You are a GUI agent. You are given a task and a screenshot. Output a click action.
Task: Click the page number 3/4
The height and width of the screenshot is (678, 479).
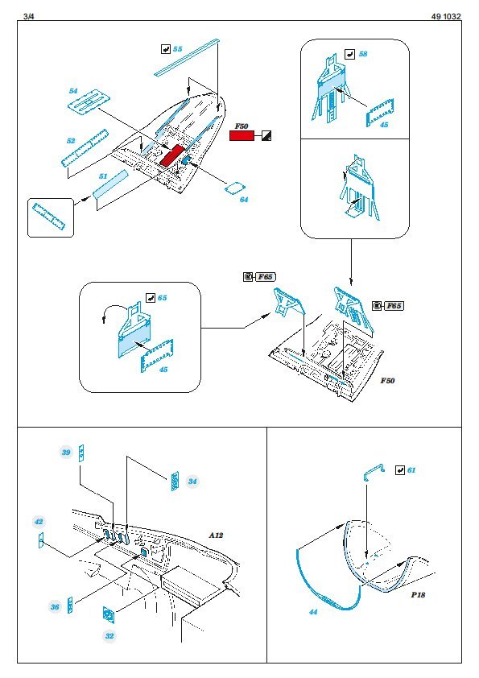[28, 16]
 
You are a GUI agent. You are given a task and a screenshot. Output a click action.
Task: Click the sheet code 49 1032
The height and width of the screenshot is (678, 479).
[446, 16]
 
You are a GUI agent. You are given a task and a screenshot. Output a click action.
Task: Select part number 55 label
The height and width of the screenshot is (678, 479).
[178, 49]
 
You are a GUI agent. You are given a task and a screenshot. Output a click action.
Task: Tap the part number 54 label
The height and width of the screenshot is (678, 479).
[73, 91]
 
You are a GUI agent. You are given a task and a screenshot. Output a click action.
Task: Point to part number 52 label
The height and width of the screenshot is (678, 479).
[71, 141]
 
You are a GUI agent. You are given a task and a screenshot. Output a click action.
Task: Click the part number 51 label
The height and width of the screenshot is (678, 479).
[103, 176]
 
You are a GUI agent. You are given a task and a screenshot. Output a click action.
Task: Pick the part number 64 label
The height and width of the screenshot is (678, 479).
[244, 200]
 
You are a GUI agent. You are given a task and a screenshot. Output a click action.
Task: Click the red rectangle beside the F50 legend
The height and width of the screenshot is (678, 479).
[242, 136]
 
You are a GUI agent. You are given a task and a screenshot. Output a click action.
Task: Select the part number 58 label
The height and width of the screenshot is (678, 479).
[363, 54]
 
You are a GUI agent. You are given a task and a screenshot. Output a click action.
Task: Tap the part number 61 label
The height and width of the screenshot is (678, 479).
[411, 470]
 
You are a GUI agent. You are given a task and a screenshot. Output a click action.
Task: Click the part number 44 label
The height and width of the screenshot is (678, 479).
[313, 612]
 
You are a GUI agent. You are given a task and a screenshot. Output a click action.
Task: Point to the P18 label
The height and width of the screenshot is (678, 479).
[418, 594]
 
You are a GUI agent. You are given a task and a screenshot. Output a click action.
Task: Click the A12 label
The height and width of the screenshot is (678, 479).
[217, 535]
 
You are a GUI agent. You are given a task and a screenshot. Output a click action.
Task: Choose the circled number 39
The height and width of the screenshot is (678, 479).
[66, 453]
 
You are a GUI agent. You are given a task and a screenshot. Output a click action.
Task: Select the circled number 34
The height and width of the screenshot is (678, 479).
[192, 482]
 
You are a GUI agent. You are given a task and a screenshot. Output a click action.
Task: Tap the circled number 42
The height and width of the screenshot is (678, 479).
[39, 522]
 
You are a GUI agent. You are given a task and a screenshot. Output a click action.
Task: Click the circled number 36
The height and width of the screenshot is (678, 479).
[55, 606]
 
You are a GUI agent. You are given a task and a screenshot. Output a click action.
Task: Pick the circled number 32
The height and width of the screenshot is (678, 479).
[109, 635]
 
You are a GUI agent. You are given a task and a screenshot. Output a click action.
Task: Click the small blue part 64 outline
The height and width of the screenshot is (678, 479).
[236, 188]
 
